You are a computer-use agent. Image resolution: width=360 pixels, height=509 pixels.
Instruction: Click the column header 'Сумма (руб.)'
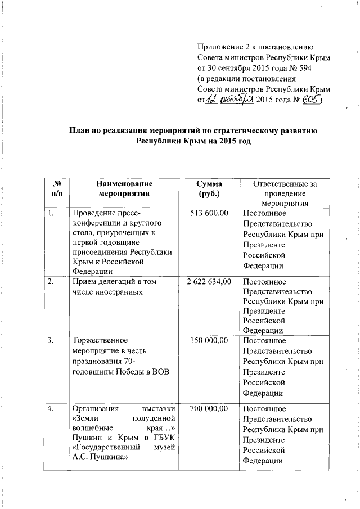click(x=209, y=188)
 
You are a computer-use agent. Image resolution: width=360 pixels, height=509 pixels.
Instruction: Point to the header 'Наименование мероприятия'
click(x=124, y=188)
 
